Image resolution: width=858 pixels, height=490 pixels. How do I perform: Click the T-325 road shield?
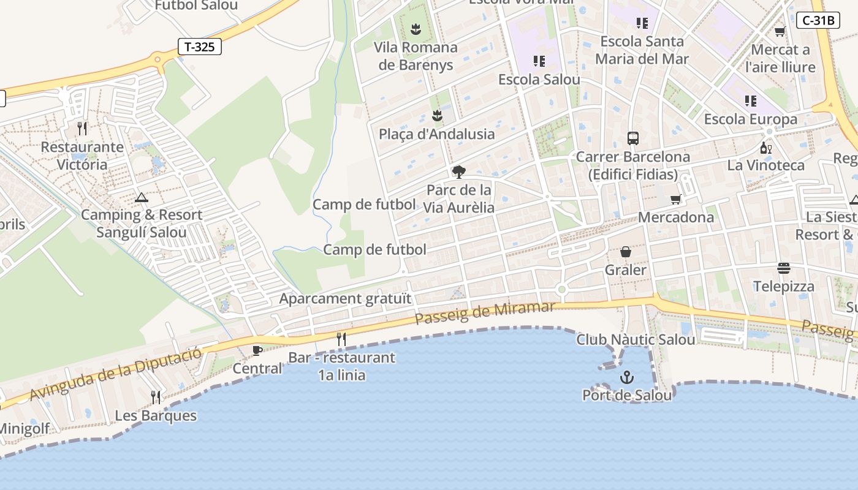199,47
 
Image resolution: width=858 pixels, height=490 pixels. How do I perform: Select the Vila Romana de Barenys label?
416,56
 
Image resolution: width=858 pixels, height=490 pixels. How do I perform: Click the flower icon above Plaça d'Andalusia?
436,115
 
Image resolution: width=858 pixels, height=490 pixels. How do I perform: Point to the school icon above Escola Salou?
539,61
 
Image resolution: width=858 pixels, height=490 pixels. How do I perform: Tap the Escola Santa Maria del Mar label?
642,50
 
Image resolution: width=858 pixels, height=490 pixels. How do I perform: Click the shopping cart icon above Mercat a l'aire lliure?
780,31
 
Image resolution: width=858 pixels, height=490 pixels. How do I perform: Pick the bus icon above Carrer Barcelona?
633,138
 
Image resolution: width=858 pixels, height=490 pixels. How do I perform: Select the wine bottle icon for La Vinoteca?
765,148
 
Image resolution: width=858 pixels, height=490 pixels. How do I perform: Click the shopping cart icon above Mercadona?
676,199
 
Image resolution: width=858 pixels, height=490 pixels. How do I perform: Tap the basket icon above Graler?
626,252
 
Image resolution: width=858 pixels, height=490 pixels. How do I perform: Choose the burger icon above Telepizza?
783,268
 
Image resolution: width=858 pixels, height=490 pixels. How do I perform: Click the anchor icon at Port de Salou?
626,377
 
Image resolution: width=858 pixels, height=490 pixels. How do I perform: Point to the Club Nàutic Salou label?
636,339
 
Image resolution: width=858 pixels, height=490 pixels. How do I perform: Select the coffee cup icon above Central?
257,350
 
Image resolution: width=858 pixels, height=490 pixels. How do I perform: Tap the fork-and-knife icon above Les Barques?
156,398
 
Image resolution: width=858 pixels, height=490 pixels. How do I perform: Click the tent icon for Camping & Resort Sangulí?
142,197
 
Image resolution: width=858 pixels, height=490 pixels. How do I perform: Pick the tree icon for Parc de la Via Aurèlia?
458,171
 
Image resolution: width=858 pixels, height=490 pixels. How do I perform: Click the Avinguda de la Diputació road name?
115,374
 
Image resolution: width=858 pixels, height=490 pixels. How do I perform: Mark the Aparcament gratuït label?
345,299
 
